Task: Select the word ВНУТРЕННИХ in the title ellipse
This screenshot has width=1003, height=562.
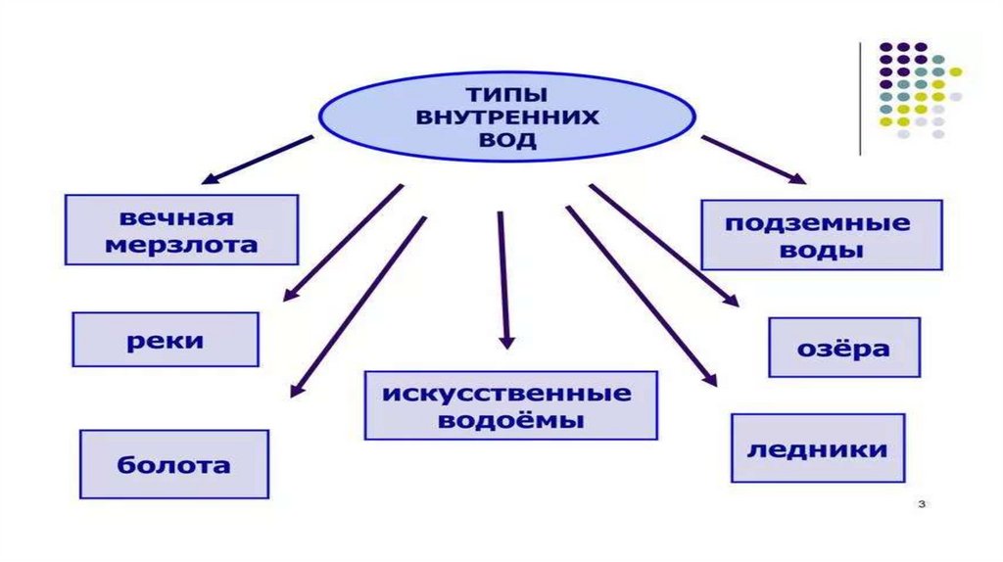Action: pyautogui.click(x=506, y=118)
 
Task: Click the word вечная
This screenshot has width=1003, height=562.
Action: pyautogui.click(x=181, y=216)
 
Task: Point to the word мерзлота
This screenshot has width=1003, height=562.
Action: pyautogui.click(x=181, y=244)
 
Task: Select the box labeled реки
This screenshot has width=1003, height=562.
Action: pyautogui.click(x=166, y=340)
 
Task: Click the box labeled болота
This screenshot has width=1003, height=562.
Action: pyautogui.click(x=174, y=464)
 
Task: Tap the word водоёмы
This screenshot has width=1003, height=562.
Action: pyautogui.click(x=510, y=421)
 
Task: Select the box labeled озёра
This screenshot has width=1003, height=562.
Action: pyautogui.click(x=843, y=348)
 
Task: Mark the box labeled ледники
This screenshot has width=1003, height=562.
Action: pyautogui.click(x=818, y=449)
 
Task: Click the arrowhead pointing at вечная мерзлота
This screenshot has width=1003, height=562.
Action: pyautogui.click(x=208, y=179)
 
